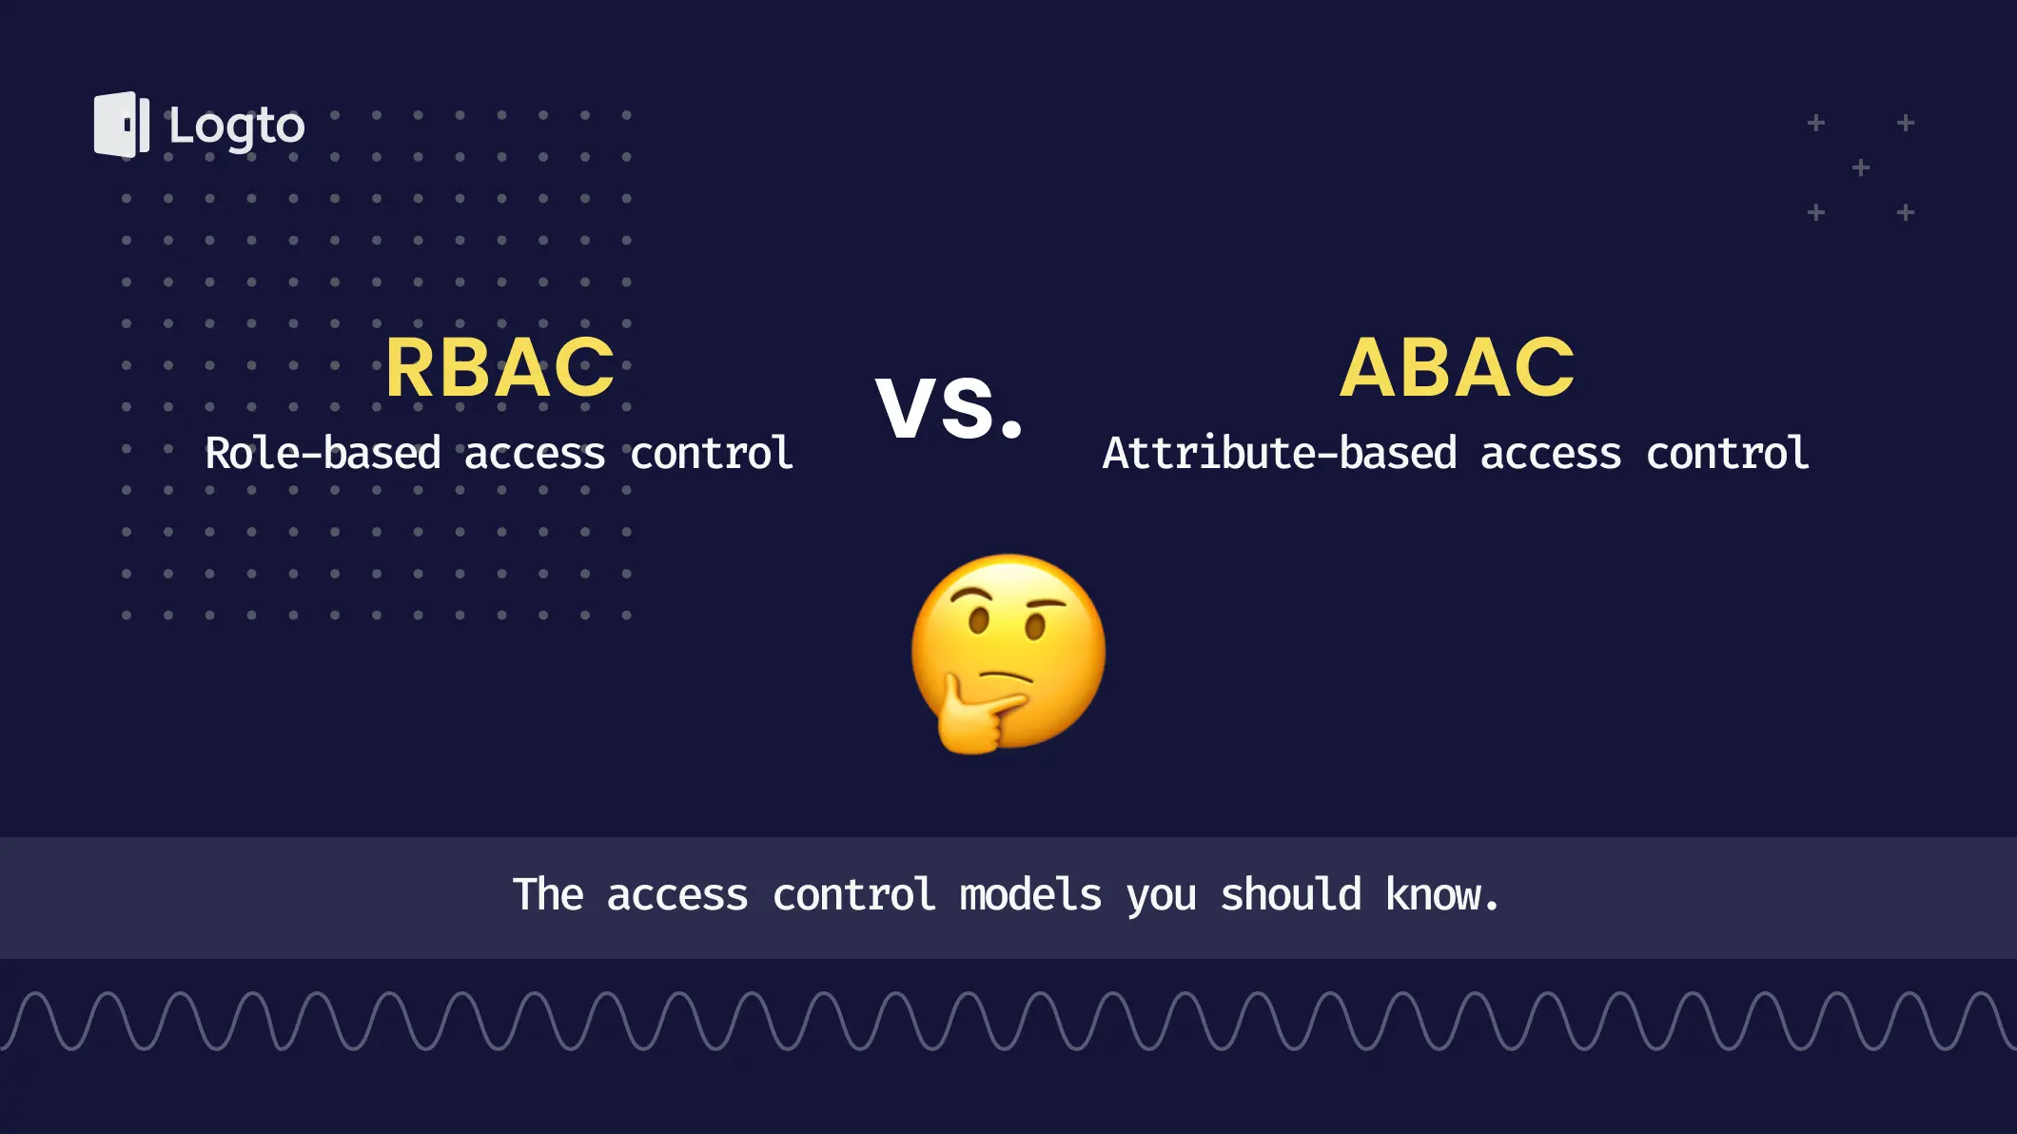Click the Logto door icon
pyautogui.click(x=122, y=125)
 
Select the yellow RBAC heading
pyautogui.click(x=500, y=368)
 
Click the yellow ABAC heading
pyautogui.click(x=1458, y=368)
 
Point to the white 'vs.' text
pyautogui.click(x=950, y=406)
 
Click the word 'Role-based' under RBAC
pyautogui.click(x=323, y=453)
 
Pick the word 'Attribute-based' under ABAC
pyautogui.click(x=1280, y=453)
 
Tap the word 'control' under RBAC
pyautogui.click(x=712, y=453)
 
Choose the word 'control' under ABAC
pyautogui.click(x=1728, y=453)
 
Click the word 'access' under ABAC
pyautogui.click(x=1551, y=456)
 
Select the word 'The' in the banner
pyautogui.click(x=548, y=895)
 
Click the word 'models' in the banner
pyautogui.click(x=1030, y=895)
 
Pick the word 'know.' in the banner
pyautogui.click(x=1442, y=895)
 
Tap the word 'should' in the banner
pyautogui.click(x=1291, y=895)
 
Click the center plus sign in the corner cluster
pyautogui.click(x=1861, y=167)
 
